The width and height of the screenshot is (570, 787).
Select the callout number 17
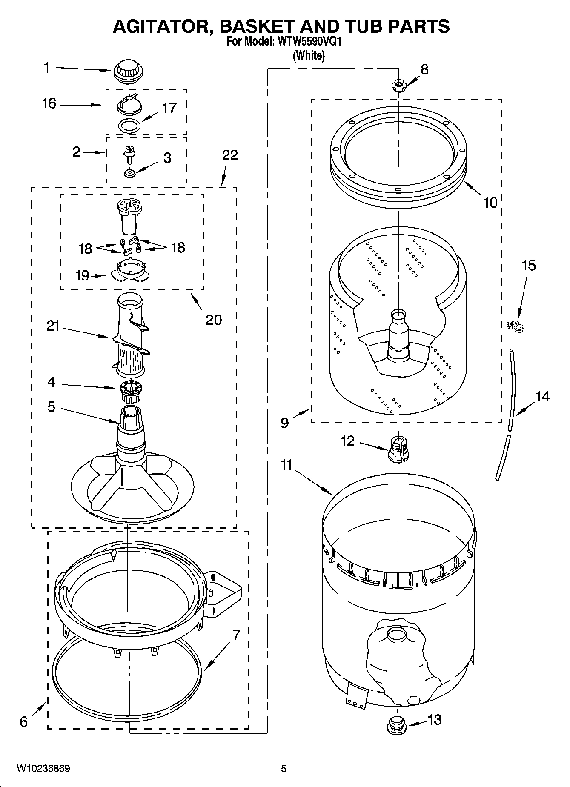tap(169, 108)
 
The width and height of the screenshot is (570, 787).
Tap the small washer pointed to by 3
tap(129, 173)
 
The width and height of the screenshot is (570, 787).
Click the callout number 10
tap(490, 203)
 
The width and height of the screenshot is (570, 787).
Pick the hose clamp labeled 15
tap(516, 326)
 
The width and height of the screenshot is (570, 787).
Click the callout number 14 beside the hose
tap(542, 397)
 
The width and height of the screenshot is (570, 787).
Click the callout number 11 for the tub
tap(286, 465)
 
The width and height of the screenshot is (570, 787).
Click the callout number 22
tap(230, 155)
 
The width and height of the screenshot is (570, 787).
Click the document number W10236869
tap(43, 768)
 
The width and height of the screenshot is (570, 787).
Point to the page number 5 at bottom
tap(284, 768)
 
